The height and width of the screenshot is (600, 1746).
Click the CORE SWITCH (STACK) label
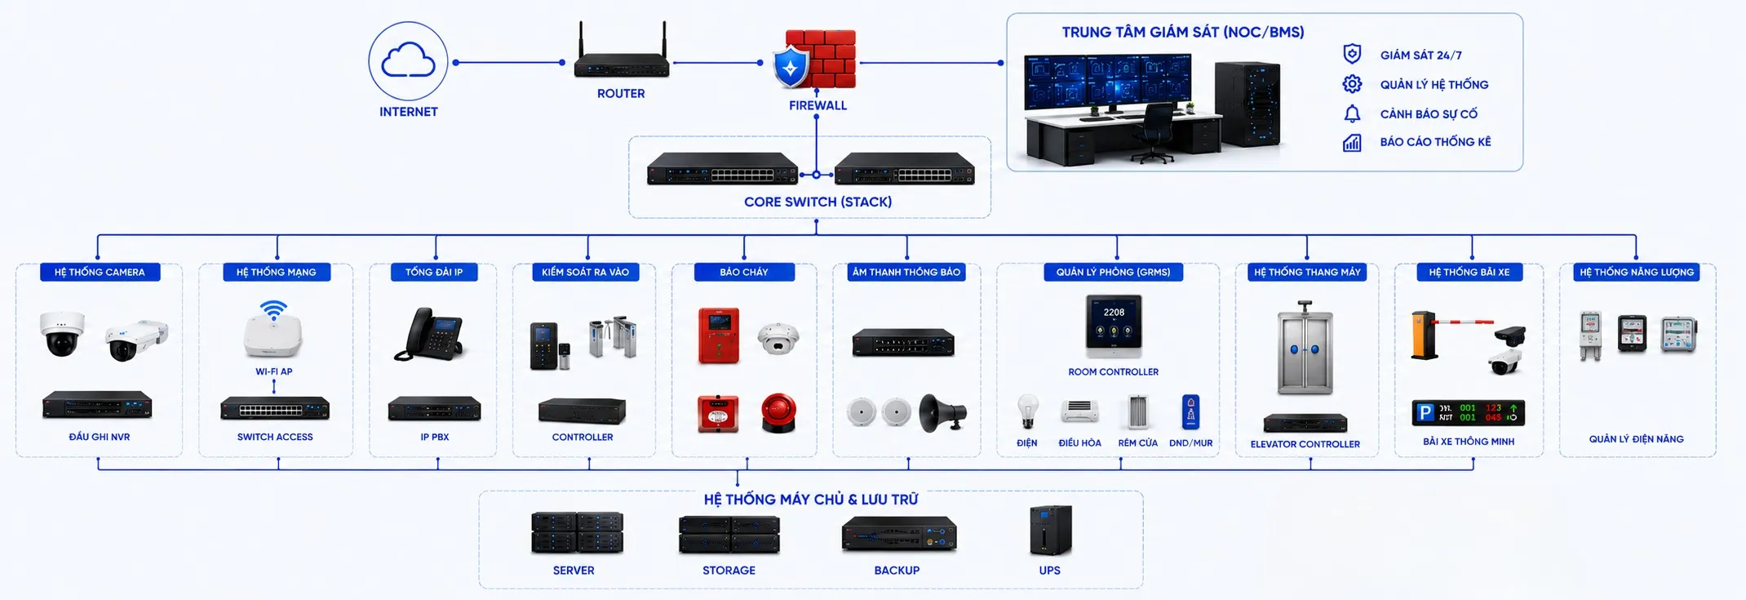818,202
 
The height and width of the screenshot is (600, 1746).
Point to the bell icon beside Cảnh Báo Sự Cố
1352,113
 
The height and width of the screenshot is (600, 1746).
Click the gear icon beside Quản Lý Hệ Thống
1352,84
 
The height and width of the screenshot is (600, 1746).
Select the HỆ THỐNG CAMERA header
100,272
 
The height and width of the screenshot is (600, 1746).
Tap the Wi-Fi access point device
273,330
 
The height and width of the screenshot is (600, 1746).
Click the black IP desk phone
431,334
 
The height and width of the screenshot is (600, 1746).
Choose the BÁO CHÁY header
744,272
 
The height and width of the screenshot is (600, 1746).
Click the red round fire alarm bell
779,412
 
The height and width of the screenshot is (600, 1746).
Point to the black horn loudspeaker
942,413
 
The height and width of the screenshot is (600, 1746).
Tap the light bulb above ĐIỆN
1027,411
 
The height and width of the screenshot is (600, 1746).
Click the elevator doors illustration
1305,349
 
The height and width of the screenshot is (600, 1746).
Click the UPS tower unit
1051,531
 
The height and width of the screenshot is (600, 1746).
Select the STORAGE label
729,571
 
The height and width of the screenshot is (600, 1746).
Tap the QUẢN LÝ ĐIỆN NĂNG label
1636,439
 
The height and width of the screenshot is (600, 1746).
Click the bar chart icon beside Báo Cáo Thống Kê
1352,143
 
